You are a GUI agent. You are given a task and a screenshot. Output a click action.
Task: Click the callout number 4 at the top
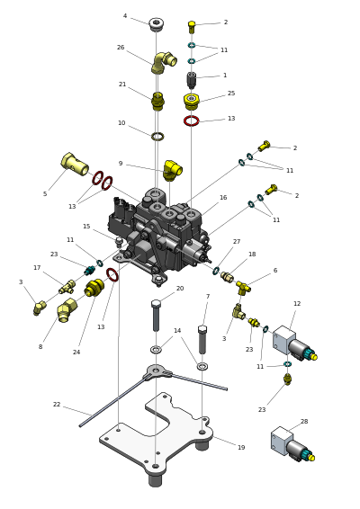tap(125, 16)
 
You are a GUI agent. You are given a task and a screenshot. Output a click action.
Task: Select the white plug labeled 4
tap(157, 24)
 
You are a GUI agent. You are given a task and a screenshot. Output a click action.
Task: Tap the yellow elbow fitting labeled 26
tap(164, 63)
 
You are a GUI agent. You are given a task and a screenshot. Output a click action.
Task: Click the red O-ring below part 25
tap(192, 121)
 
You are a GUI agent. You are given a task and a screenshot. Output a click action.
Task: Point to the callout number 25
tap(231, 94)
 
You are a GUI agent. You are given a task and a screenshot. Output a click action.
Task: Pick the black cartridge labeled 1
tap(192, 80)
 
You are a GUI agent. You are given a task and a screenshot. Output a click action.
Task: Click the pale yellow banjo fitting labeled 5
tap(75, 164)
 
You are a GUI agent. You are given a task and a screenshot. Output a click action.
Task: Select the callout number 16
tap(223, 197)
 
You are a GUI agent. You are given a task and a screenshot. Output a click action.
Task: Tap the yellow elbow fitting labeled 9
tap(173, 170)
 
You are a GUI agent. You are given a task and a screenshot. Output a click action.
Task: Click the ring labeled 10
tap(157, 137)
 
